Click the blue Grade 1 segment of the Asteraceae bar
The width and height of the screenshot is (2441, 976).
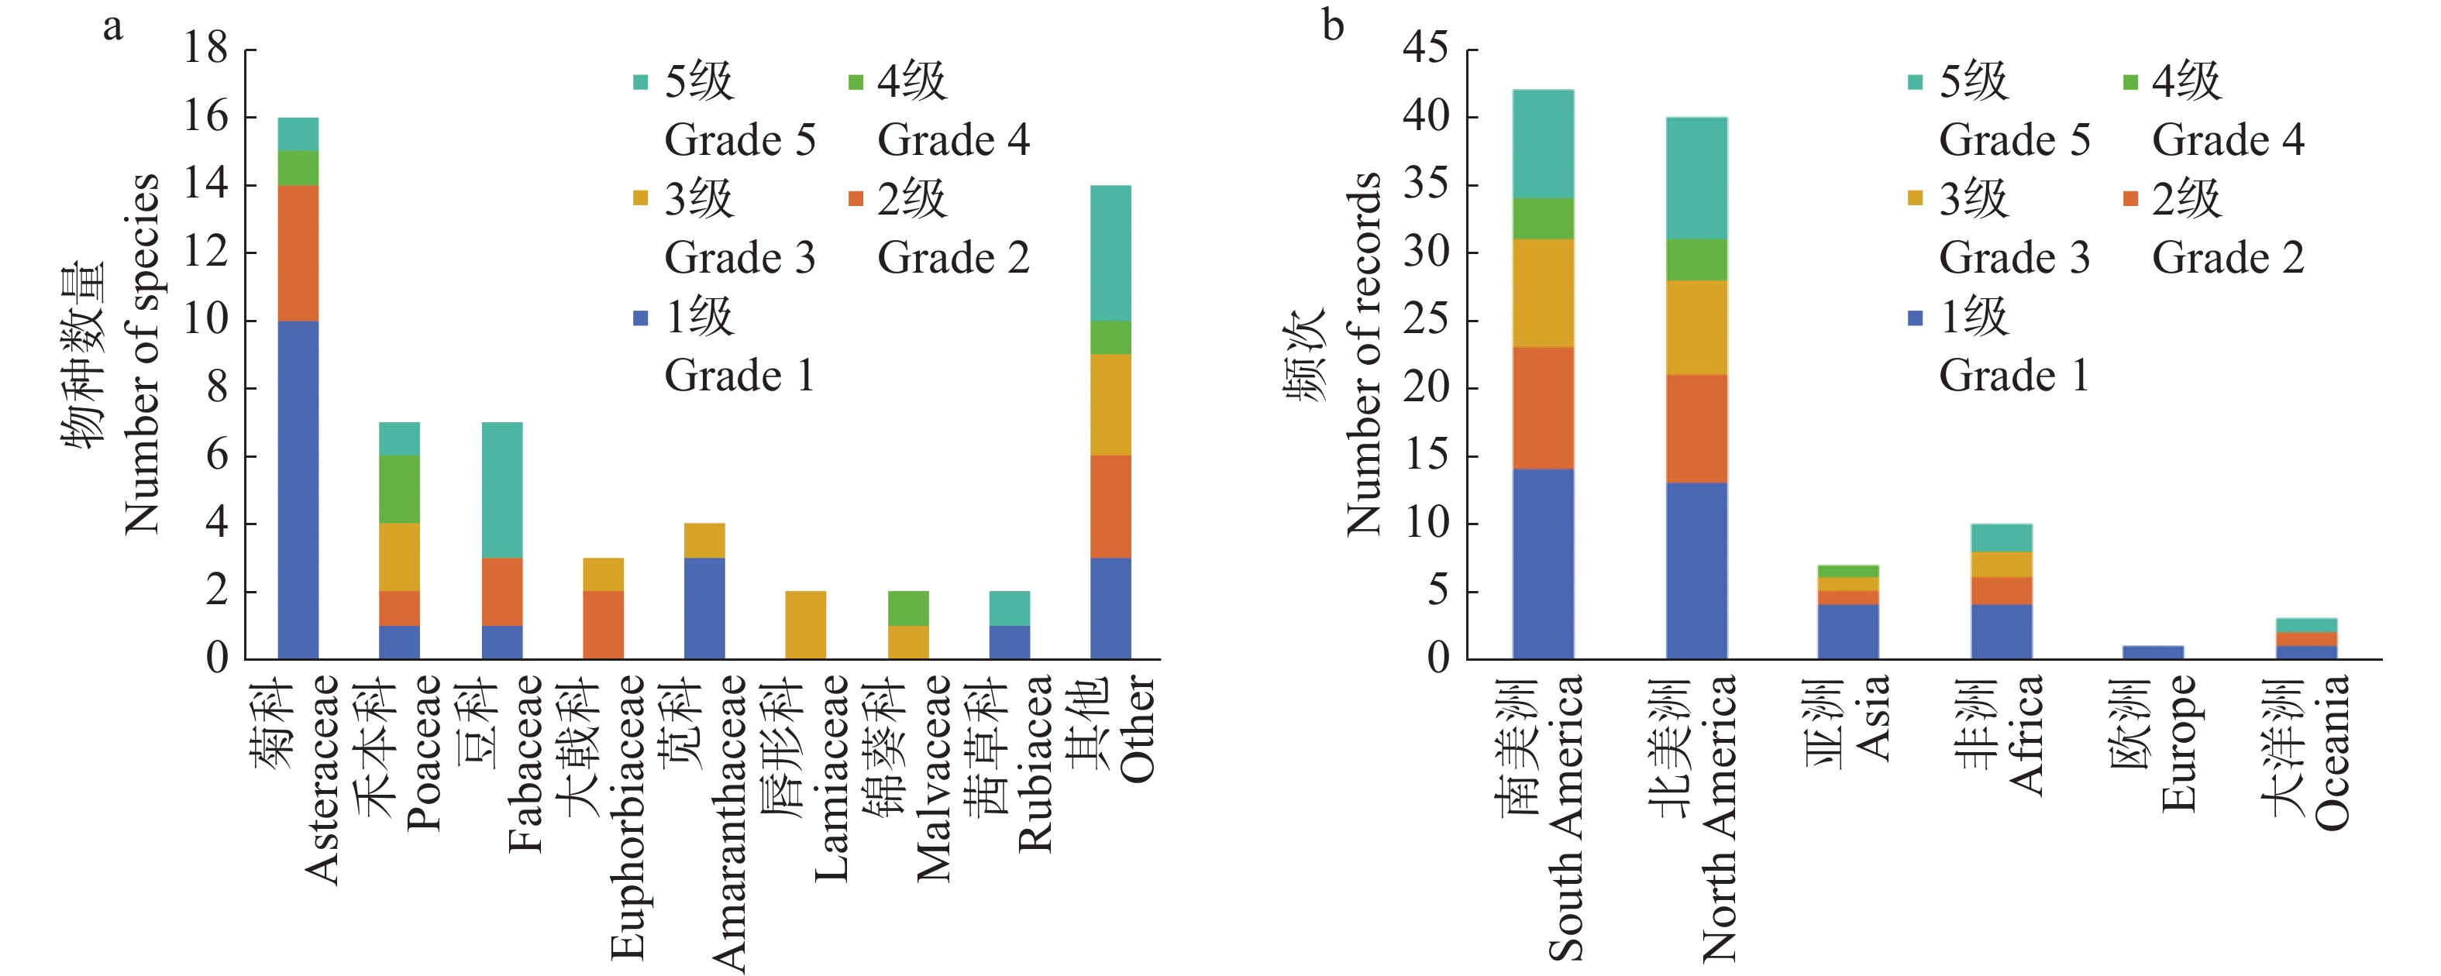(298, 490)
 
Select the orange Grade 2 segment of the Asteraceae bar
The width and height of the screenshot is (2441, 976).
(298, 253)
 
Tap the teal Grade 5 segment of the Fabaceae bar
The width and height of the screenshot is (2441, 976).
(501, 490)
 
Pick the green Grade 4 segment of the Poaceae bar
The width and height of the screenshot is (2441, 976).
(399, 489)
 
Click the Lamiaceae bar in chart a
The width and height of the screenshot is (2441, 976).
(805, 625)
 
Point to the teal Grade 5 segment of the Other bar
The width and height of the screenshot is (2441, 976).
(1110, 253)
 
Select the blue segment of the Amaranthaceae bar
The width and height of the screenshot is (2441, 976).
(704, 608)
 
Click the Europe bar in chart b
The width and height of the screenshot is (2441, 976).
(2153, 652)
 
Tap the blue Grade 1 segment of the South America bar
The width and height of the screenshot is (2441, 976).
(1543, 564)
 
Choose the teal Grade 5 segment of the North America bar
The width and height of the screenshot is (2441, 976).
(1696, 178)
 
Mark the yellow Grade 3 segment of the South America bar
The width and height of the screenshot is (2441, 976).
(1543, 293)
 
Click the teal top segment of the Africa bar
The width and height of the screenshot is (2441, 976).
(2002, 538)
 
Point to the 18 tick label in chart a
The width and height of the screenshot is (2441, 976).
(205, 47)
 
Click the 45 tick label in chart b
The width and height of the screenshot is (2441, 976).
(1426, 47)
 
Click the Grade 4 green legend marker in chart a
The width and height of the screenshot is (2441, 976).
(856, 81)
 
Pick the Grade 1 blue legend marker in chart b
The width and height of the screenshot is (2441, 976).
(1915, 318)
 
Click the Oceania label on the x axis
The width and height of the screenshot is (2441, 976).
(2331, 754)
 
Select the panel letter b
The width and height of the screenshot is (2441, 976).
(1334, 26)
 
